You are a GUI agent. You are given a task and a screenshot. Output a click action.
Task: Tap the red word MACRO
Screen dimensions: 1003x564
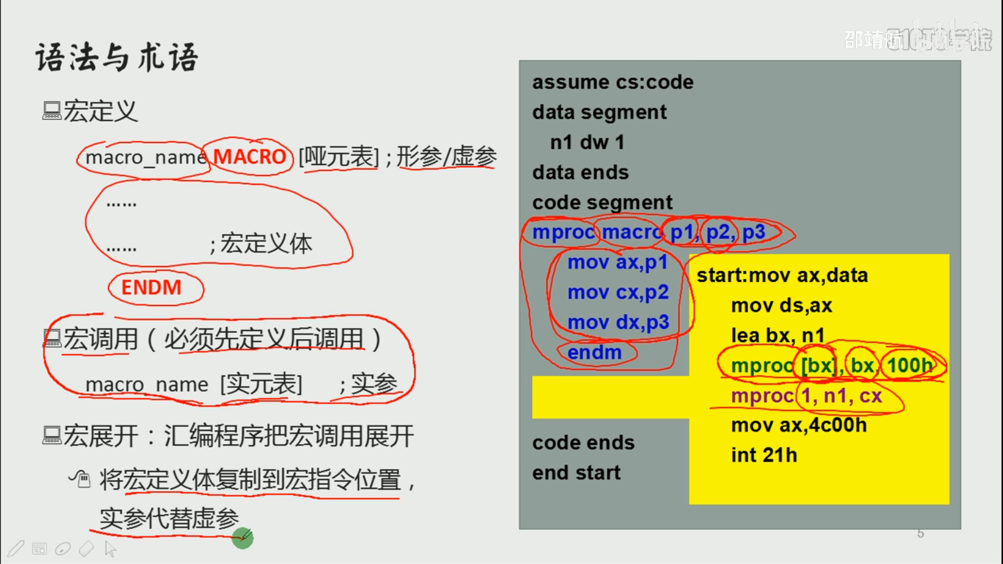[x=249, y=157]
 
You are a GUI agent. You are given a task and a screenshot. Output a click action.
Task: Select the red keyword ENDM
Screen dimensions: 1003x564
[x=151, y=287]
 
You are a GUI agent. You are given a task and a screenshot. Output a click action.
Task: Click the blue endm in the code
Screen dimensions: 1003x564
[x=594, y=352]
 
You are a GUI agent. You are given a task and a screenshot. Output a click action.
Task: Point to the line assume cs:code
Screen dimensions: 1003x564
[x=612, y=82]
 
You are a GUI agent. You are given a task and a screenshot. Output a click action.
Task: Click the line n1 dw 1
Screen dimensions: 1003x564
[x=587, y=142]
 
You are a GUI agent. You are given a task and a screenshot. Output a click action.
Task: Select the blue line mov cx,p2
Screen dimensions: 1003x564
[x=618, y=292]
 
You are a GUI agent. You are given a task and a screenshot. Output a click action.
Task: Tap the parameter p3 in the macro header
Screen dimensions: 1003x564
[x=753, y=232]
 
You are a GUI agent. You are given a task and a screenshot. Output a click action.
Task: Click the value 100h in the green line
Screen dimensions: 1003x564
[x=909, y=365]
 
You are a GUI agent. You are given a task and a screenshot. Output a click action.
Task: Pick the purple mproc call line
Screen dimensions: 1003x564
[x=806, y=396]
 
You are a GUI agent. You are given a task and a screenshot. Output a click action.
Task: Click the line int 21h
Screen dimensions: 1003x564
[x=764, y=455]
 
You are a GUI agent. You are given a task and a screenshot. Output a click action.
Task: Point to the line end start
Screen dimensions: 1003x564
[x=576, y=473]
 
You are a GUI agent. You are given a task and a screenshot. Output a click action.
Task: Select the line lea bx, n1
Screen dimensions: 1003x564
[x=778, y=335]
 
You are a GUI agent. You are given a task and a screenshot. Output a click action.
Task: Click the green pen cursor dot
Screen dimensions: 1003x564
[x=242, y=538]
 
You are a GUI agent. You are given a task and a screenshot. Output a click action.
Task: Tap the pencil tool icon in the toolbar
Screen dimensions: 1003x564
[x=16, y=548]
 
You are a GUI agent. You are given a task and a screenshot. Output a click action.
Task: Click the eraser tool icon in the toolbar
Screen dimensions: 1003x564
[x=86, y=548]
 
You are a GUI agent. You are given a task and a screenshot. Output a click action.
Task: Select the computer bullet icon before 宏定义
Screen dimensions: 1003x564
[x=51, y=111]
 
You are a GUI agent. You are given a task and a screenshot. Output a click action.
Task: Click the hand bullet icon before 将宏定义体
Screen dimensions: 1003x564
[x=80, y=478]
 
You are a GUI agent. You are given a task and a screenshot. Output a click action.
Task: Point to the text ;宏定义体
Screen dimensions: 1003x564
[x=261, y=244]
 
